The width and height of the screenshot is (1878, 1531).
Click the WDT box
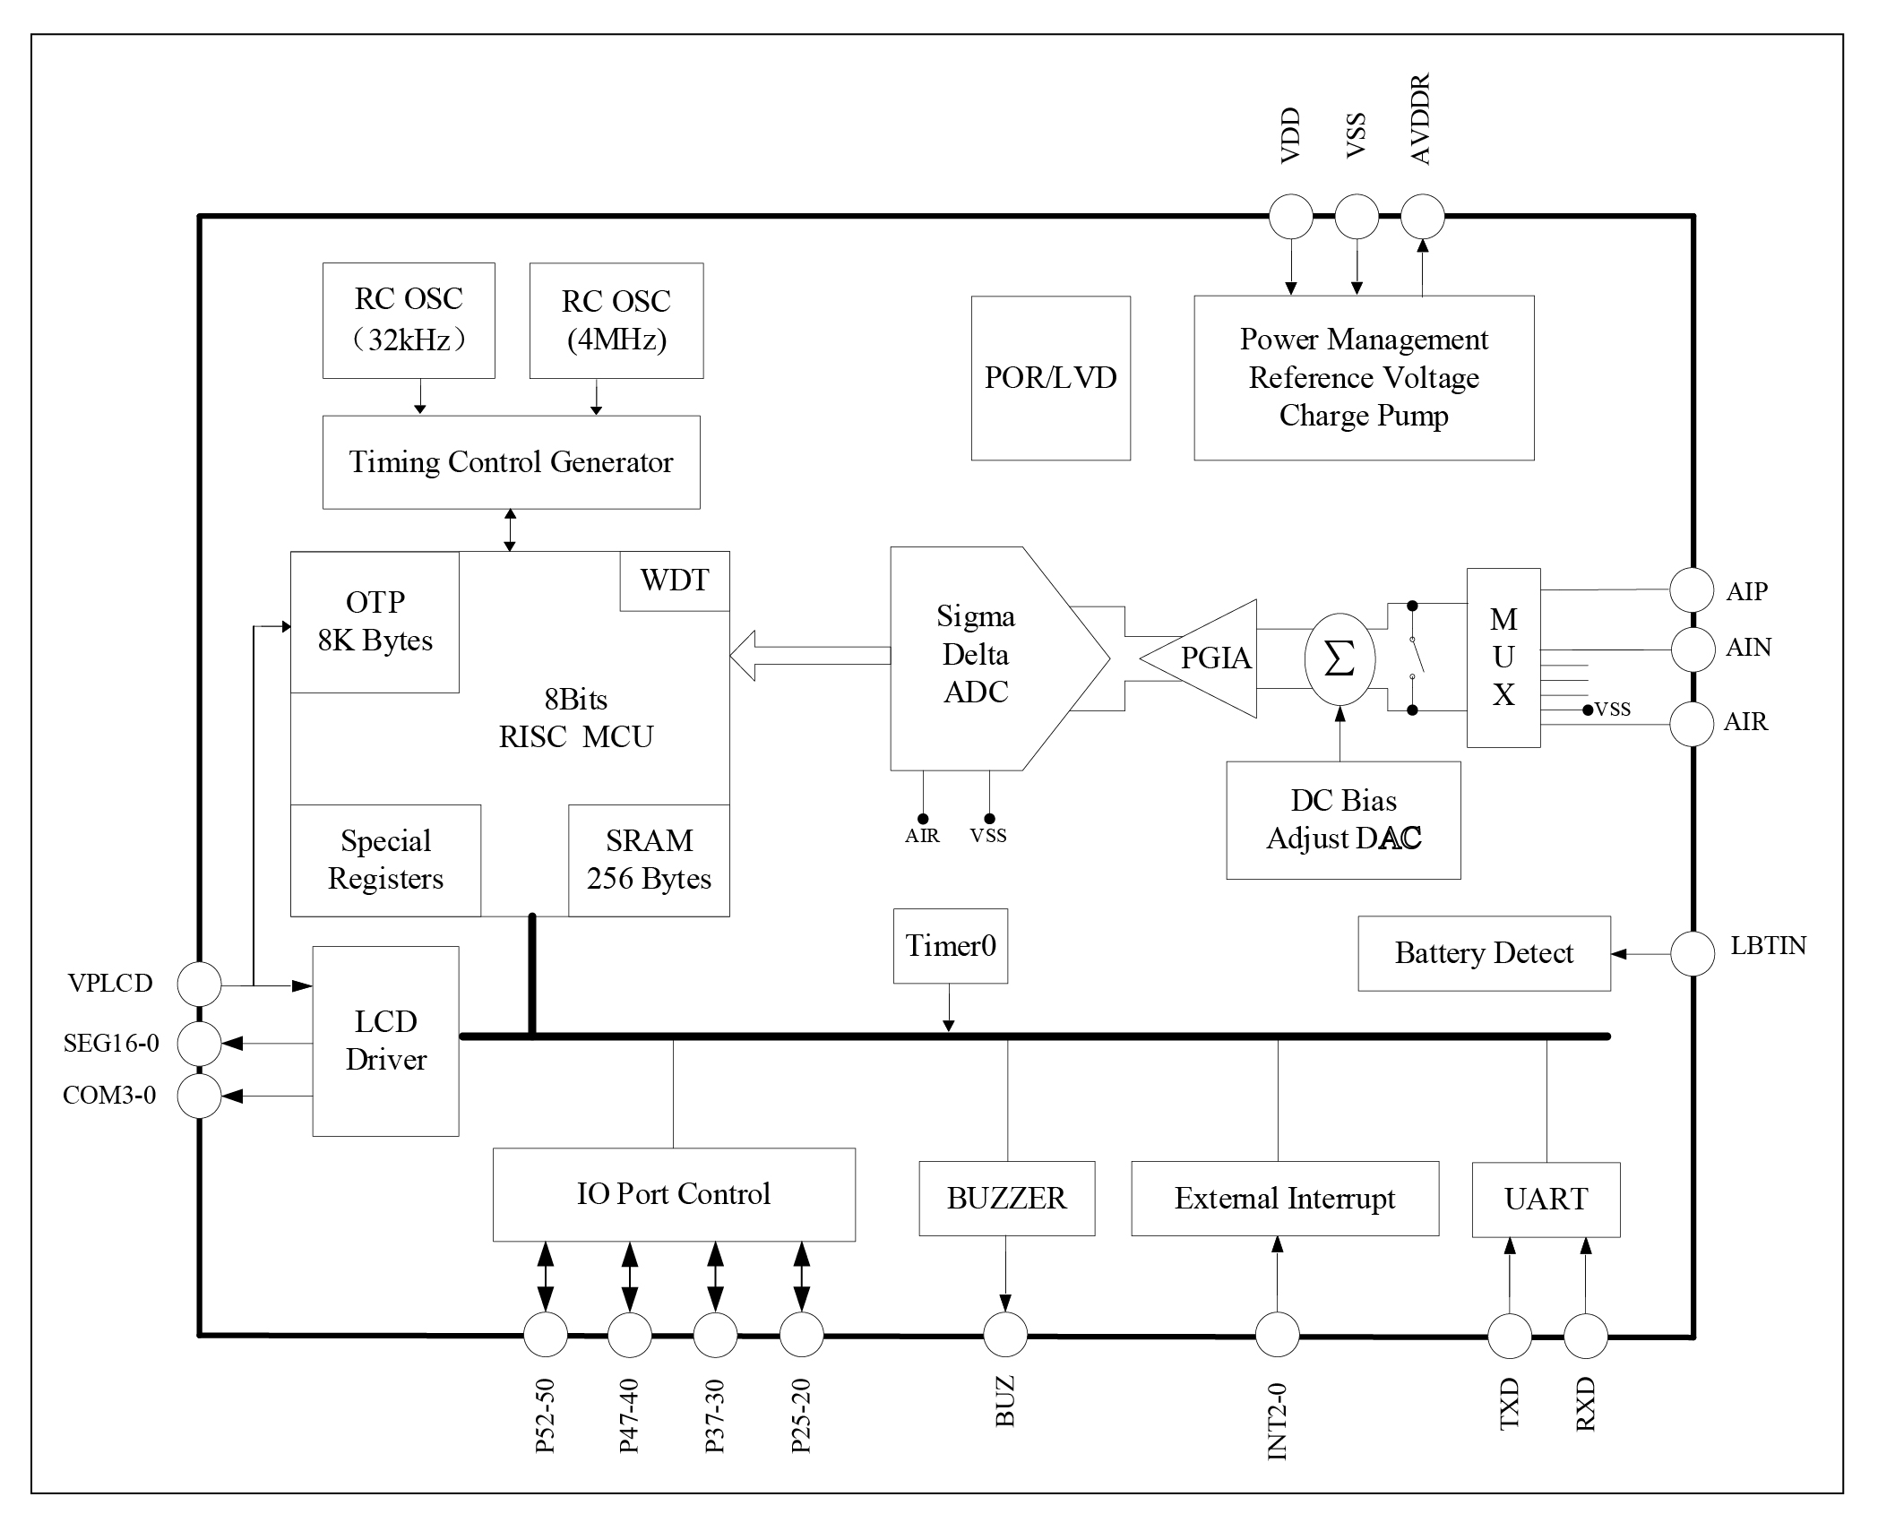(x=674, y=581)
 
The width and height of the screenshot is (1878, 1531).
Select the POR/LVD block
(x=1050, y=378)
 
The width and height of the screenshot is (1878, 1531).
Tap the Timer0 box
(x=950, y=946)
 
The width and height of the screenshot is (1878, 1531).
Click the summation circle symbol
(x=1340, y=658)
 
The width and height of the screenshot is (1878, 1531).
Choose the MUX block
(x=1503, y=657)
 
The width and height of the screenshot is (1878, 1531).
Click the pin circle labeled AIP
(x=1693, y=590)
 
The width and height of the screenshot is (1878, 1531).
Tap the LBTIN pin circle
(x=1693, y=953)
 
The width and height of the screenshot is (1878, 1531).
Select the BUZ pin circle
(x=1005, y=1335)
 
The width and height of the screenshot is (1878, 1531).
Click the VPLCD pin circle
(x=199, y=985)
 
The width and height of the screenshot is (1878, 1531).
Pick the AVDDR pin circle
(x=1422, y=216)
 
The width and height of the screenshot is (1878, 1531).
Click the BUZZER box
(x=1006, y=1199)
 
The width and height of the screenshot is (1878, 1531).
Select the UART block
(x=1546, y=1199)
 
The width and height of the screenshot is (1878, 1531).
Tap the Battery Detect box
(x=1484, y=953)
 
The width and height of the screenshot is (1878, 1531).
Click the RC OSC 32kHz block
(x=409, y=320)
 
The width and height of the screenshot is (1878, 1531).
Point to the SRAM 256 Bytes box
(x=649, y=860)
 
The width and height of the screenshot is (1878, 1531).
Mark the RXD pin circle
(x=1585, y=1336)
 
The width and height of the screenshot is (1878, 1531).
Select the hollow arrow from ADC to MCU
(x=806, y=655)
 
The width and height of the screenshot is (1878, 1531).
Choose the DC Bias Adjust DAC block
(x=1343, y=820)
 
